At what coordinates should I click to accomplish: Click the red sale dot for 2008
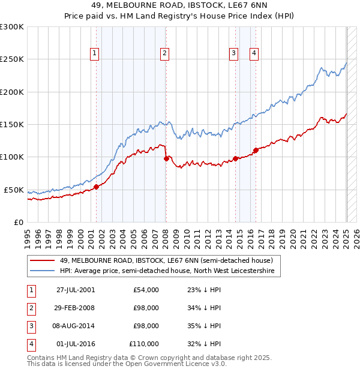pos(166,159)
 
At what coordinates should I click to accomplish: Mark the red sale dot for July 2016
pos(256,151)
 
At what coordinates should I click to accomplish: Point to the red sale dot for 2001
pos(96,187)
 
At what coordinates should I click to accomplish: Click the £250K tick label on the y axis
pos(12,59)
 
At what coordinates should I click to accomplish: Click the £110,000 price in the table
pos(145,344)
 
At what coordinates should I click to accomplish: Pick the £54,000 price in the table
pos(146,290)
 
